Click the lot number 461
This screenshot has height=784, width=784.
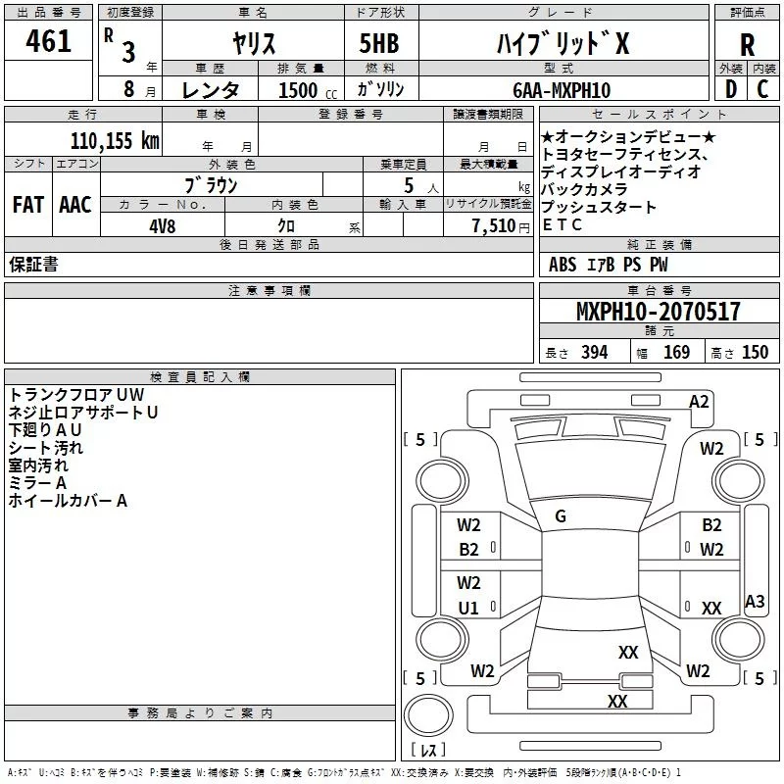[48, 41]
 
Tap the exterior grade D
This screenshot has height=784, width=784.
[731, 89]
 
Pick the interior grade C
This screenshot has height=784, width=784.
[762, 89]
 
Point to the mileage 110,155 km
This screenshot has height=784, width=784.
[115, 141]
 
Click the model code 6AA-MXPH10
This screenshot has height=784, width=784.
[562, 90]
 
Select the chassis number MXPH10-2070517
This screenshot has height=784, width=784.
[658, 311]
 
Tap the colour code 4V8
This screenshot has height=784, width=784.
[163, 226]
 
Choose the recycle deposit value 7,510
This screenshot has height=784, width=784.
[494, 226]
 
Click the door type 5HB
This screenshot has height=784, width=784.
[379, 43]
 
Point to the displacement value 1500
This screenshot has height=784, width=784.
[298, 90]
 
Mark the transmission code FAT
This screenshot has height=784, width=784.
[28, 205]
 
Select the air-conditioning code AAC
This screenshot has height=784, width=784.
[75, 205]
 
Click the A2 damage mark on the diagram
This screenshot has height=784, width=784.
[699, 402]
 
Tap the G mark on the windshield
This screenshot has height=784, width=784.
[561, 516]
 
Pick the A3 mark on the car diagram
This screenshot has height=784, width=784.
[755, 601]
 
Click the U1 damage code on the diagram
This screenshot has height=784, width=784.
[468, 608]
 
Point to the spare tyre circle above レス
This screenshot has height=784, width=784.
[428, 715]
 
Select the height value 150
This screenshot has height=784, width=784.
[755, 353]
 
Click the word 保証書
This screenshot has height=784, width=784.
[33, 264]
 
